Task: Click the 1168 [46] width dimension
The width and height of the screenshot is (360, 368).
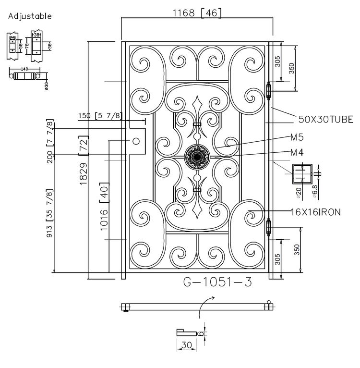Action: [197, 13]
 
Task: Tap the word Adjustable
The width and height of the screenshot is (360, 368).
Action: [30, 16]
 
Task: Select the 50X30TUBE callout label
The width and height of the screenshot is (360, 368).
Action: [326, 119]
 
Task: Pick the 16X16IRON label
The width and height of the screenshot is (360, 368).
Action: [315, 211]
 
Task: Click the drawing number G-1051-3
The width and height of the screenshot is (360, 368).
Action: [217, 282]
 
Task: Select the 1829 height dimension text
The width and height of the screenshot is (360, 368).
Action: [83, 174]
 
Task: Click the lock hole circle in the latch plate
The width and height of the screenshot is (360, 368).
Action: [136, 141]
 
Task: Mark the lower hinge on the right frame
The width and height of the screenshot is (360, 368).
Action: [269, 227]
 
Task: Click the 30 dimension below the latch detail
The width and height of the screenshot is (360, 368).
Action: [186, 344]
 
